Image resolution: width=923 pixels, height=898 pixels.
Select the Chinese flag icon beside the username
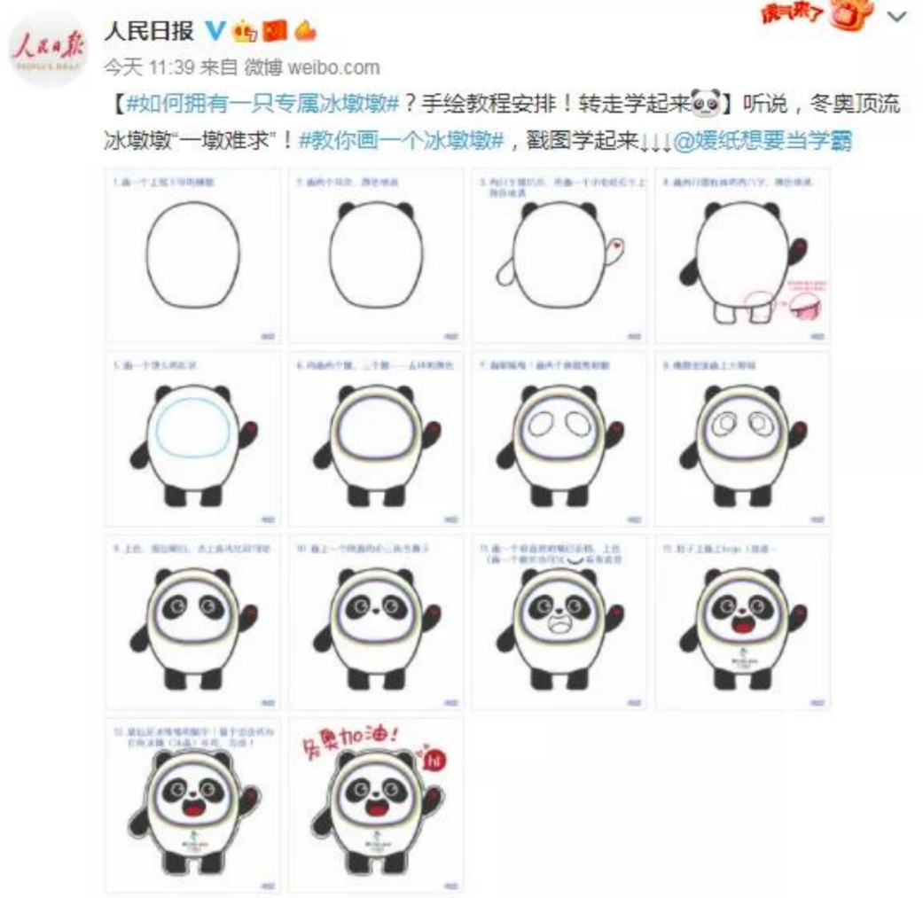pyautogui.click(x=276, y=32)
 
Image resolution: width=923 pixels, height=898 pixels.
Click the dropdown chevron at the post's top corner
pyautogui.click(x=897, y=17)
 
